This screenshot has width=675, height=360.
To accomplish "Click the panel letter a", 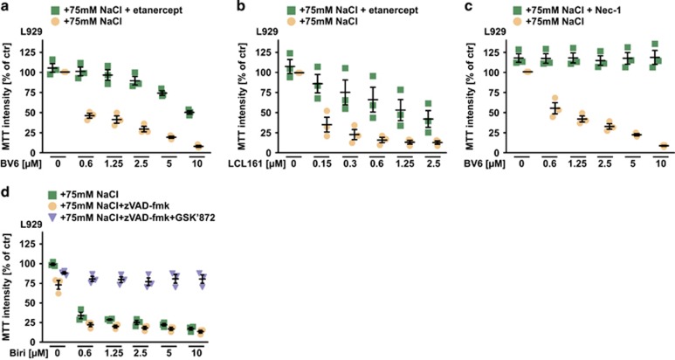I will tap(4, 8).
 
